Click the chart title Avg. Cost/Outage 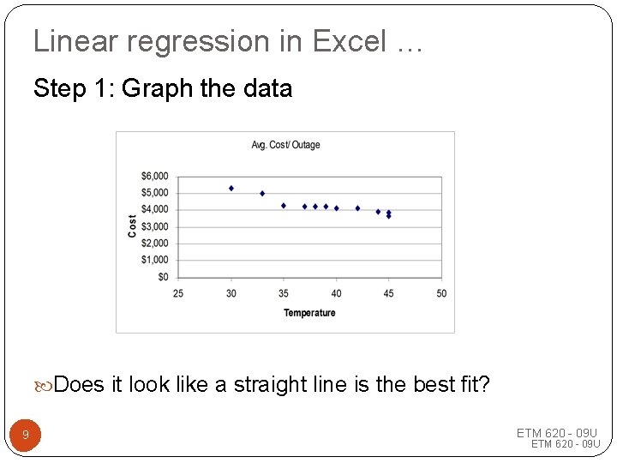point(285,145)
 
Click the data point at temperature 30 point(231,188)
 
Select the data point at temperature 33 point(262,194)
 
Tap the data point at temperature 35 point(284,206)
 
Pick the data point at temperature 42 point(357,208)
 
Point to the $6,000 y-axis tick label point(154,177)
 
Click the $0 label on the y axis point(162,277)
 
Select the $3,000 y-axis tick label point(154,226)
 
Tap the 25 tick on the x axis point(178,293)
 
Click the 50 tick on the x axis point(441,293)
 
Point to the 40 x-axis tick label point(336,293)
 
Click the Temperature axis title point(309,313)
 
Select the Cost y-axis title point(132,226)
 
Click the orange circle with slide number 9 point(25,436)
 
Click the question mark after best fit point(484,385)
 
